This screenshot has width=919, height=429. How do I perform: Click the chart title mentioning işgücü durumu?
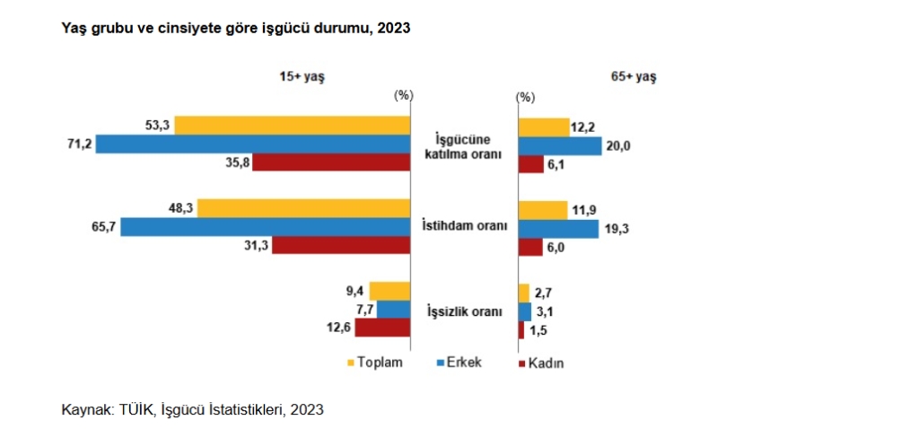[235, 29]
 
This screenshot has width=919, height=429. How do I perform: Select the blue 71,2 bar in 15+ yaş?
[253, 144]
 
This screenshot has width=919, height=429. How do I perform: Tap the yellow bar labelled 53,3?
[293, 125]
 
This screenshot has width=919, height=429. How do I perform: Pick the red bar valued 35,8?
[333, 162]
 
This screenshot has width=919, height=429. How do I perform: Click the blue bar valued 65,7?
[266, 227]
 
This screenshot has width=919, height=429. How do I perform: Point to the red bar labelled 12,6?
[383, 328]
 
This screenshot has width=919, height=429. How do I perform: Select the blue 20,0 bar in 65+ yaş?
[560, 145]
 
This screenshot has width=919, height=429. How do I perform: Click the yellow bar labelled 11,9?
[543, 210]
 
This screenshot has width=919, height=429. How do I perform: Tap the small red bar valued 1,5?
[521, 330]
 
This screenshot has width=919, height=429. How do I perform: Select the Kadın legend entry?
[546, 363]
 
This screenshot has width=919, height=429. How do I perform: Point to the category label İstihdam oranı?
[465, 225]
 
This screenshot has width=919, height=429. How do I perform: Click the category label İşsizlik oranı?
[464, 311]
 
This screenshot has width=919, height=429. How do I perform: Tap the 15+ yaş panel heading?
[302, 78]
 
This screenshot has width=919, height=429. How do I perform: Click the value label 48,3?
[176, 207]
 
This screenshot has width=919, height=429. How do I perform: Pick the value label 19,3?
[616, 229]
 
